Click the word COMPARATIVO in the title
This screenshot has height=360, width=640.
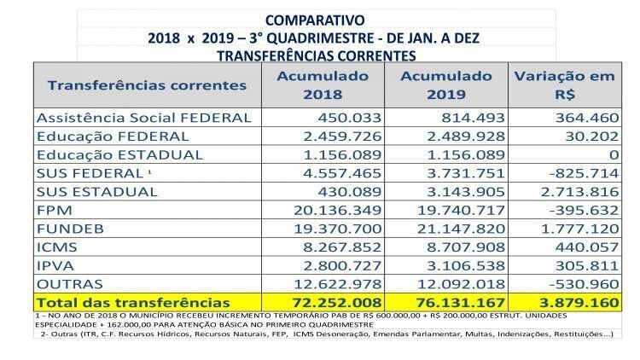click(315, 20)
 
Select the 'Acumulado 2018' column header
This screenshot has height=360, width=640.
click(323, 85)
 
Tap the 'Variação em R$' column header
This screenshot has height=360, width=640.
click(565, 85)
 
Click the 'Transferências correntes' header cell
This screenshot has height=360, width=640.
click(147, 85)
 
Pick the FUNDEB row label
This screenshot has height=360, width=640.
click(70, 229)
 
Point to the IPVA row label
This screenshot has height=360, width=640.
click(55, 265)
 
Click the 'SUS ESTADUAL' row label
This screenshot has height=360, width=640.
click(96, 192)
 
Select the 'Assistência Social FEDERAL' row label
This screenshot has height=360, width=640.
click(143, 118)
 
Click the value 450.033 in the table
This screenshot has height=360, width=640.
click(349, 118)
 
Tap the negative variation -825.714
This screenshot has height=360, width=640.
click(584, 173)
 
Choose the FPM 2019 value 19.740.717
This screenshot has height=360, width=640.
click(461, 210)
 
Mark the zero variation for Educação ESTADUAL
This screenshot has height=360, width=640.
click(614, 154)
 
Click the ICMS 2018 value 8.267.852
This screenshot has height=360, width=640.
click(342, 247)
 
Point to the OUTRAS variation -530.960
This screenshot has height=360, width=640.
click(584, 284)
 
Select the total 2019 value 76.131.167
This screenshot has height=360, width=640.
click(461, 303)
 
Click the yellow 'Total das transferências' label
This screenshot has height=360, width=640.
click(133, 303)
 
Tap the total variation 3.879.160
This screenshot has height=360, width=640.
click(579, 303)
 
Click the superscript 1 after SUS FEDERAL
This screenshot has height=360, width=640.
click(149, 171)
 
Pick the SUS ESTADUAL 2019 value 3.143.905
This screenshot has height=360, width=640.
click(466, 192)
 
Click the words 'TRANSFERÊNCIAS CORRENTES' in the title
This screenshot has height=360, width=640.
click(317, 56)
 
